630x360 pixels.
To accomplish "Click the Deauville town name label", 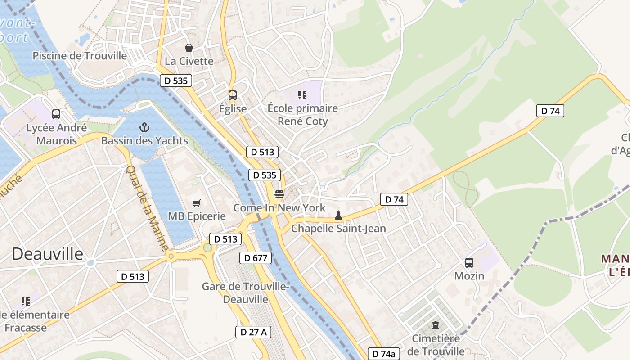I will click(48, 254).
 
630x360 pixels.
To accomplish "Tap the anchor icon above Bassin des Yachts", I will click(144, 127).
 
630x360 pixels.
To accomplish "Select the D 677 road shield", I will click(256, 258).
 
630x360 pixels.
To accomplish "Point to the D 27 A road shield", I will click(253, 332).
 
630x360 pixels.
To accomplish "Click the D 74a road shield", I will click(384, 354).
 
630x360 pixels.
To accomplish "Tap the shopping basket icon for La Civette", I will click(189, 47).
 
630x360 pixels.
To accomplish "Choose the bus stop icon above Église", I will click(233, 95).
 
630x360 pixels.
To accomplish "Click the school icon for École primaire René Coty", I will click(302, 94).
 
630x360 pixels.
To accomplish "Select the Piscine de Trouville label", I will click(80, 56).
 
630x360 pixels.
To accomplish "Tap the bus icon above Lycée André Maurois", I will click(56, 114).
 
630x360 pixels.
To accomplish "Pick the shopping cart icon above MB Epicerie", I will click(196, 203).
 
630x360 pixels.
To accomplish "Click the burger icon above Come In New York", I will click(279, 194).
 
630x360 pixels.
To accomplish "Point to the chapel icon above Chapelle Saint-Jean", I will click(338, 216).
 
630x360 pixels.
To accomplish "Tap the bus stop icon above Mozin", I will click(469, 262).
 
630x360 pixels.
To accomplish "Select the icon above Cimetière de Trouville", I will click(435, 325).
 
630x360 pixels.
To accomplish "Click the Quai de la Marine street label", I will click(147, 209).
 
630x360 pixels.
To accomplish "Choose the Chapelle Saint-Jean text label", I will click(338, 228).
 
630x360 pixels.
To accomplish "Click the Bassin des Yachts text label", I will click(144, 140).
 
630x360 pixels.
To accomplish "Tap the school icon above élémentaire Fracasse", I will click(26, 301).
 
